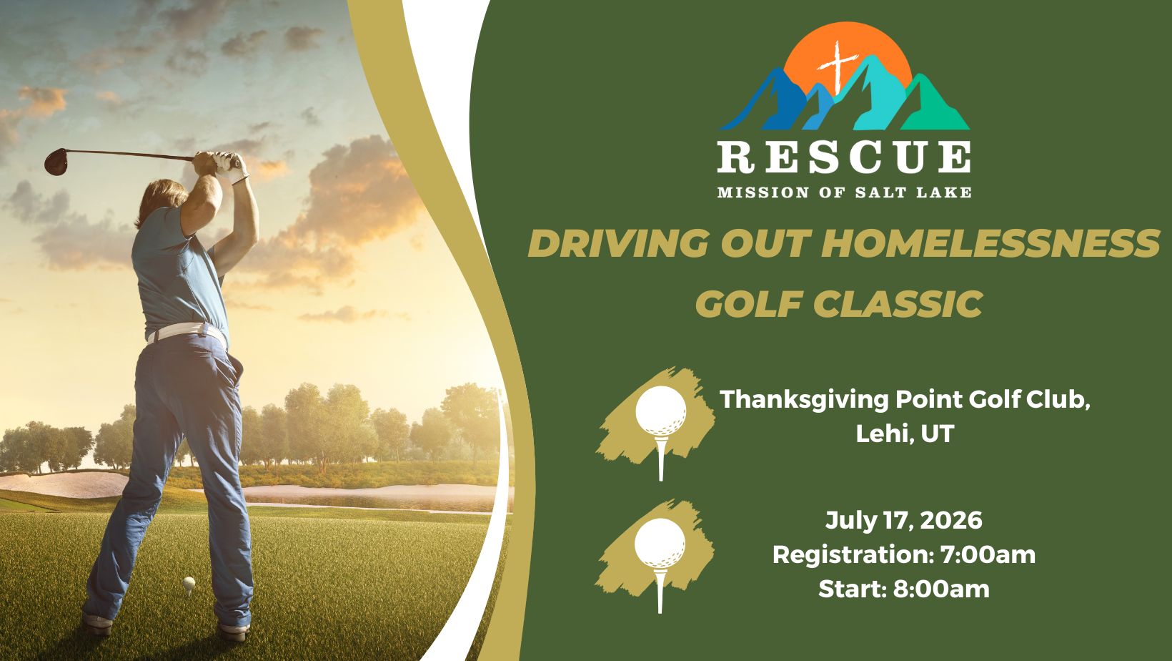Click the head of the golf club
click(x=56, y=161)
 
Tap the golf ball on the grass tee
click(x=189, y=583)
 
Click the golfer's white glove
click(x=230, y=167)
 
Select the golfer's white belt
click(x=187, y=333)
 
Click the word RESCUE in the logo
click(x=844, y=157)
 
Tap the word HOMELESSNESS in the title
click(x=990, y=243)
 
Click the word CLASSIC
click(x=898, y=303)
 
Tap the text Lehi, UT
click(x=905, y=434)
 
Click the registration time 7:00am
click(x=988, y=554)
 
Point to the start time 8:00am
click(x=940, y=589)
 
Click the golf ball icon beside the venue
click(x=661, y=411)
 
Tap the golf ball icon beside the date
click(x=660, y=543)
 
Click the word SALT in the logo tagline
click(x=880, y=192)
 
